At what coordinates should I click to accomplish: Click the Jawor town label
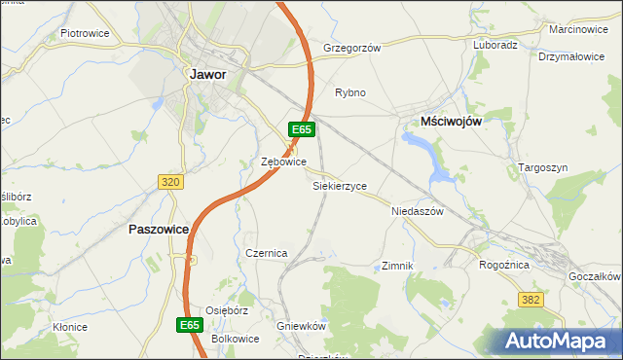pyautogui.click(x=208, y=74)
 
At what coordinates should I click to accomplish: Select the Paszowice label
pyautogui.click(x=158, y=230)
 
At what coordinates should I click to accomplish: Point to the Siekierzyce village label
pyautogui.click(x=340, y=185)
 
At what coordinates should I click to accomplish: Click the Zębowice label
pyautogui.click(x=284, y=162)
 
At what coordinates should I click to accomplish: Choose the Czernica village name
pyautogui.click(x=267, y=253)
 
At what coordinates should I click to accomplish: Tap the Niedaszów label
pyautogui.click(x=417, y=211)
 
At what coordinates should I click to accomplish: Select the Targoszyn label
pyautogui.click(x=541, y=167)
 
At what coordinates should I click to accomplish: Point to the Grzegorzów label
pyautogui.click(x=351, y=47)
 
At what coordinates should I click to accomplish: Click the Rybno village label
pyautogui.click(x=350, y=93)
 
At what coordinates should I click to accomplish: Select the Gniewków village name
pyautogui.click(x=301, y=325)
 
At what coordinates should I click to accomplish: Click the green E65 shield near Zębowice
pyautogui.click(x=301, y=129)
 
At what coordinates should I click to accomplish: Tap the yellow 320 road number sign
pyautogui.click(x=169, y=181)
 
